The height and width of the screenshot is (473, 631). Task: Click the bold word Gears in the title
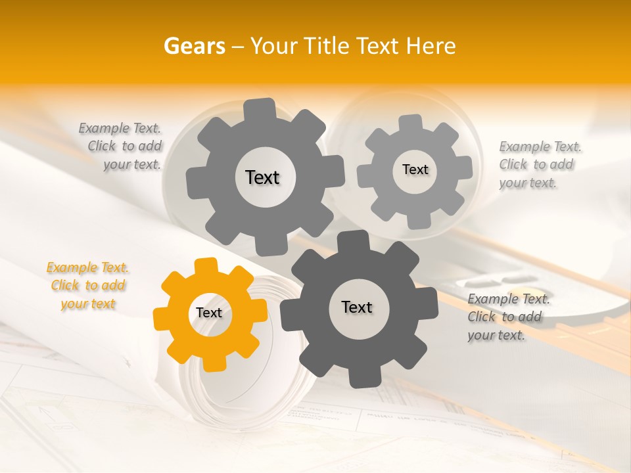(x=194, y=46)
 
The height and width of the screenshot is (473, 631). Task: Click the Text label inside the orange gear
(x=209, y=313)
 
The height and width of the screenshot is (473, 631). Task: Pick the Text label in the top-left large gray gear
(x=262, y=177)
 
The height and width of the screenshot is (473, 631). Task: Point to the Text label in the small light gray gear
(x=415, y=169)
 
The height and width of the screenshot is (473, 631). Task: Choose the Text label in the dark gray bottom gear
(x=357, y=307)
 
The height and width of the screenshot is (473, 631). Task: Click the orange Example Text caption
(x=87, y=286)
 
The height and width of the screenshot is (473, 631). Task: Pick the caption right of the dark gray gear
(x=507, y=317)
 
